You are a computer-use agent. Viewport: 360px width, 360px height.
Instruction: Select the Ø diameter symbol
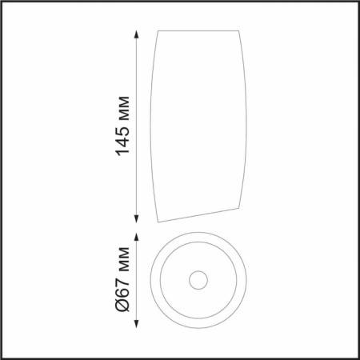(123, 304)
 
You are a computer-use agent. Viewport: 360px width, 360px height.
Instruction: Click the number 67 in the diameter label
(123, 285)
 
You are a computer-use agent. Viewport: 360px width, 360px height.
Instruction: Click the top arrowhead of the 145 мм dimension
(136, 35)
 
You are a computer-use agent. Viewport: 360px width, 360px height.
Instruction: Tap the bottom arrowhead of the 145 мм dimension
(136, 218)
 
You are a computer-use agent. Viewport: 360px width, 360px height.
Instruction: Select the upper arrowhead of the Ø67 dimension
(136, 237)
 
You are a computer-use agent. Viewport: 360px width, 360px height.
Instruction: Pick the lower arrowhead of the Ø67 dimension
(136, 323)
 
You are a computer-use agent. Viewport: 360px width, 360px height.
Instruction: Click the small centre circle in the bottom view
(198, 271)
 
